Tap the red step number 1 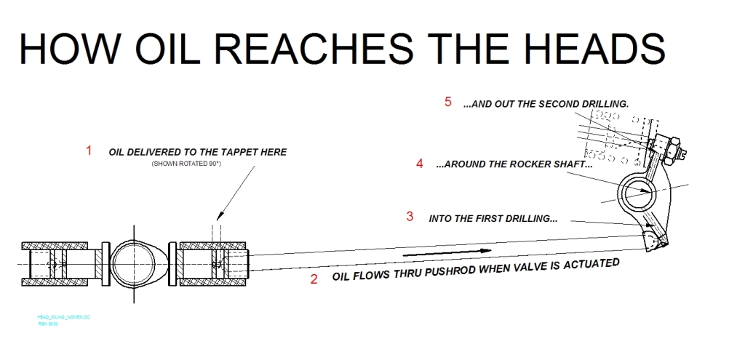89,151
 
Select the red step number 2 314,279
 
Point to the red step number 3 410,216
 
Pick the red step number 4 419,164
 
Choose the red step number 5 448,102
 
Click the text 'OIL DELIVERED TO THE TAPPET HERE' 197,152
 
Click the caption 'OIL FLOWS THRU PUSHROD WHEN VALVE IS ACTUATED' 476,270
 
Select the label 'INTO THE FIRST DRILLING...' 493,217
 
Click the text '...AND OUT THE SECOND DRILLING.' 546,104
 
